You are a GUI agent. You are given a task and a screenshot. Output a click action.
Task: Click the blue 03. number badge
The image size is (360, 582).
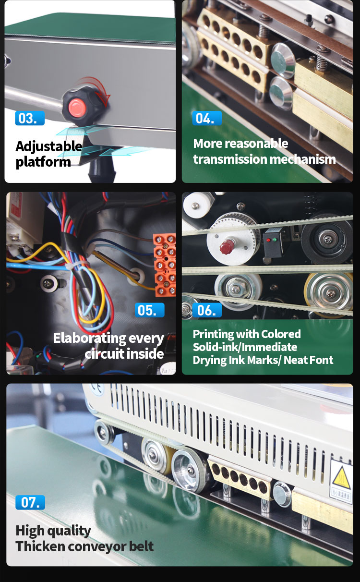(30, 118)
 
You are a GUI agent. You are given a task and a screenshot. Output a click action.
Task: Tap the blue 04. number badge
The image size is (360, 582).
(207, 118)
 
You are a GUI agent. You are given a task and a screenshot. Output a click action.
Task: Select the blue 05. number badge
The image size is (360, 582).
(150, 310)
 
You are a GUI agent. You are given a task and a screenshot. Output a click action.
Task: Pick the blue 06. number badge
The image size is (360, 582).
(207, 310)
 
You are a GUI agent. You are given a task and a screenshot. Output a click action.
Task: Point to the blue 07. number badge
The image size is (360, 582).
(30, 502)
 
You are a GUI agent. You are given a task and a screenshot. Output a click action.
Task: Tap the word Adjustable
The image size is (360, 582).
(49, 146)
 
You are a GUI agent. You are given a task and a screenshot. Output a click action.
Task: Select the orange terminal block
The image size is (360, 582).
(165, 265)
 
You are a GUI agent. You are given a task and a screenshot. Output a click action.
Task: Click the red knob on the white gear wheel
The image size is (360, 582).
(227, 246)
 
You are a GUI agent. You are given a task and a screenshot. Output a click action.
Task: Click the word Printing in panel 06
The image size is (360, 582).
(213, 334)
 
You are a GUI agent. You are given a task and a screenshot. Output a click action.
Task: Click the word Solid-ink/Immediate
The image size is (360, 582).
(245, 347)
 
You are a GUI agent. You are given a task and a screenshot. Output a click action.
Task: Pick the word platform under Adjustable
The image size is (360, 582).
(43, 162)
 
